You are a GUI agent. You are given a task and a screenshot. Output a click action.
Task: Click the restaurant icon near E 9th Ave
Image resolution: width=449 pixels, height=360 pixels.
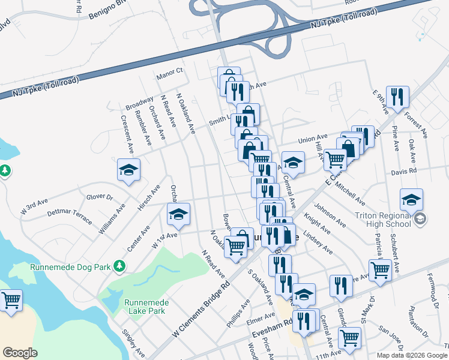(x=397, y=97)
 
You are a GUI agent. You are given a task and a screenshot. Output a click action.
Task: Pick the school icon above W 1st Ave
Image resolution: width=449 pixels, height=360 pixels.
(x=178, y=214)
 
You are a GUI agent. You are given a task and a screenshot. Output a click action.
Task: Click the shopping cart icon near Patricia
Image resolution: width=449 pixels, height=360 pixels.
(x=380, y=270)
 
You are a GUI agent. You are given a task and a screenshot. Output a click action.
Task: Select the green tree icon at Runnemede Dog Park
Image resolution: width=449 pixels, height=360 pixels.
(x=120, y=265)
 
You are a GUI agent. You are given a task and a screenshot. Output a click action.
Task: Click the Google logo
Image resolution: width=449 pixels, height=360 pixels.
(x=20, y=353)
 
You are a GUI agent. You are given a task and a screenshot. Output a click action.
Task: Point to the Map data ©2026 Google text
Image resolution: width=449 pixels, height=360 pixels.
(x=411, y=355)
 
